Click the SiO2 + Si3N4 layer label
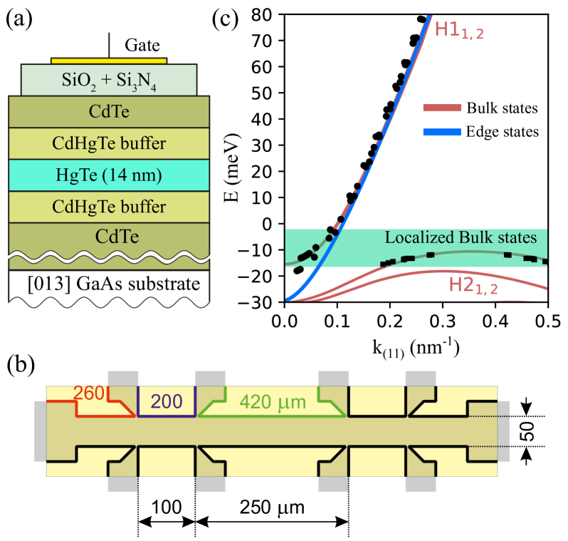tap(109, 81)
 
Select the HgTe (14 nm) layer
tap(109, 175)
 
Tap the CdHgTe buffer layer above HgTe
tap(109, 143)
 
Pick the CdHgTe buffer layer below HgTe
tap(109, 207)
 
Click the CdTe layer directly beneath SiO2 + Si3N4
tap(109, 112)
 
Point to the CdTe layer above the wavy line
tap(109, 236)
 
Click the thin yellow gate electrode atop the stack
tap(109, 61)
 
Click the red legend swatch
tap(442, 108)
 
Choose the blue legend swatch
tap(442, 132)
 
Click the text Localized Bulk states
tap(461, 237)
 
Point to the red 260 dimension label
tap(89, 393)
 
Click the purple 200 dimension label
tap(167, 401)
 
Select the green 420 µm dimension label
tap(272, 402)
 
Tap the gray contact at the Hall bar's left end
tap(40, 431)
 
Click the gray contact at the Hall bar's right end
tap(503, 431)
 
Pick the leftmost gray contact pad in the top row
tap(122, 378)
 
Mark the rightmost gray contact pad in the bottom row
tap(420, 484)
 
